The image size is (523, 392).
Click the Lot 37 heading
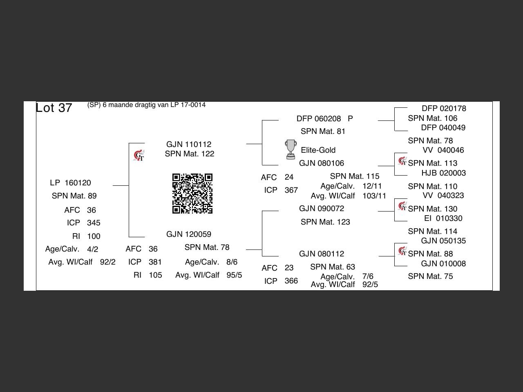pos(54,108)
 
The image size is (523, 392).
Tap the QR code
pos(192,194)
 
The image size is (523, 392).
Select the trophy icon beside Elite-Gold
pos(291,149)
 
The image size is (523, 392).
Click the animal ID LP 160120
pos(70,183)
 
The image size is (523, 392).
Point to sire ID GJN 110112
pos(189,144)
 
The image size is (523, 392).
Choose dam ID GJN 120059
pos(189,234)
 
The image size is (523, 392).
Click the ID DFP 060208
pos(319,118)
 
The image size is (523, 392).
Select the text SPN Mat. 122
pos(190,154)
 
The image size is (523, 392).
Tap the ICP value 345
pos(94,223)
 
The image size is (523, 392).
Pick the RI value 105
pos(155,275)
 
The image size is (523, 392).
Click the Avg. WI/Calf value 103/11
pos(374,196)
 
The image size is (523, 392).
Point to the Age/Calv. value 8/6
pos(232,262)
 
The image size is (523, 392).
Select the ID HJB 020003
pos(443,173)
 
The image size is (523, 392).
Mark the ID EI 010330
pos(443,218)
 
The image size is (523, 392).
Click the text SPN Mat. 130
pos(432,209)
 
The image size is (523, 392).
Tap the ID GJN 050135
pos(443,241)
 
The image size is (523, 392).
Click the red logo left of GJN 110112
pos(139,156)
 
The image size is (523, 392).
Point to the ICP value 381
pos(155,262)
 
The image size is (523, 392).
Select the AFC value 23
pos(289,268)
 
